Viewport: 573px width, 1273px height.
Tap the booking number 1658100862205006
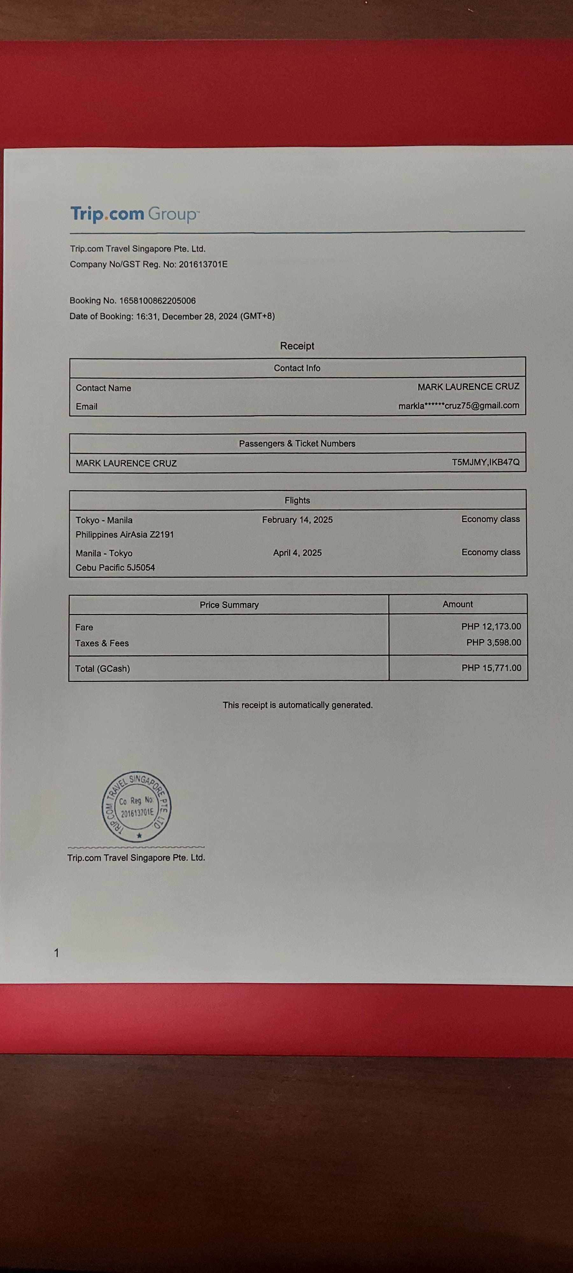pyautogui.click(x=157, y=300)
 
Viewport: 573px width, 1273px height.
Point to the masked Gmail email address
pyautogui.click(x=458, y=406)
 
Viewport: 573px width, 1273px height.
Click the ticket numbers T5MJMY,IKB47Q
pyautogui.click(x=485, y=462)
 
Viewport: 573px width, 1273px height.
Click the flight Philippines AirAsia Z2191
pyautogui.click(x=124, y=535)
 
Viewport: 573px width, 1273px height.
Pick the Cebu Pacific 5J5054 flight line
pyautogui.click(x=115, y=568)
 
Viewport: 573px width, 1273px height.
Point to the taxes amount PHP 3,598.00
pyautogui.click(x=493, y=643)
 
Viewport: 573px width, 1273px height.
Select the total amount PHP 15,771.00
pyautogui.click(x=491, y=668)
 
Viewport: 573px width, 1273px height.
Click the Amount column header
pyautogui.click(x=457, y=604)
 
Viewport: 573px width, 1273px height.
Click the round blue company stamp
pyautogui.click(x=137, y=806)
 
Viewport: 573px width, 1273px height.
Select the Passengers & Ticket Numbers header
pyautogui.click(x=297, y=444)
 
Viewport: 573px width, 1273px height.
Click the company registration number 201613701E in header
pyautogui.click(x=203, y=264)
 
